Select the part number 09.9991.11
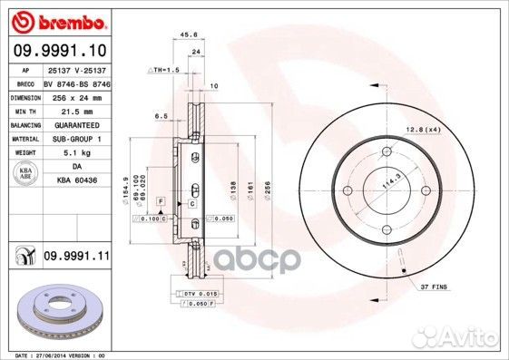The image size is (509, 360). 75,258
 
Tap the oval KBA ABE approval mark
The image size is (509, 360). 24,173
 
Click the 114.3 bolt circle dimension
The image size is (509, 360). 393,179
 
